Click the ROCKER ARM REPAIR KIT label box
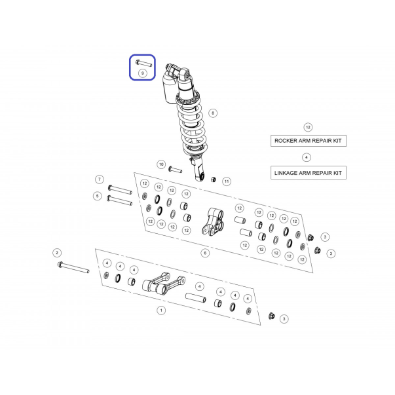tap(309, 141)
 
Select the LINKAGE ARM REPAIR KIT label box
tap(309, 173)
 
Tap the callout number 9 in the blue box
tap(143, 73)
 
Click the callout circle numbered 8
tap(213, 113)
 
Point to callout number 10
tap(161, 164)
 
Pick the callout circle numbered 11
tap(227, 181)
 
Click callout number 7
tap(100, 179)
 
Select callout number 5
tap(98, 196)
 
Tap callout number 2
tap(57, 253)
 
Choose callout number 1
tap(161, 310)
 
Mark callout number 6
tap(205, 253)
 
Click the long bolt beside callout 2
tap(73, 267)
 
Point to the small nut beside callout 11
tap(213, 179)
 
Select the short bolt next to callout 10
tap(175, 169)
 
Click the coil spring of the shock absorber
tap(192, 125)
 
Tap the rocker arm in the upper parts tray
tap(213, 221)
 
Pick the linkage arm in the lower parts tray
tap(164, 284)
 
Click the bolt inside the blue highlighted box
tap(143, 63)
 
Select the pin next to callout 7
tap(120, 189)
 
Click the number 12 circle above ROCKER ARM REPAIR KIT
tap(308, 127)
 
